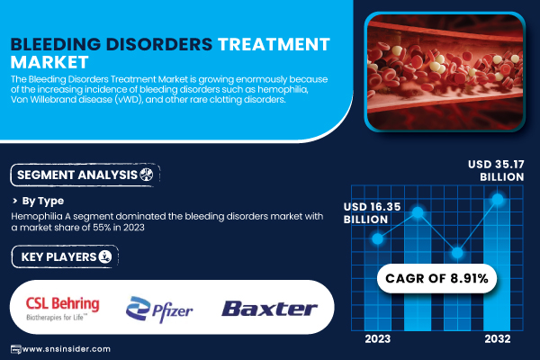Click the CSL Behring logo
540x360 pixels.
(63, 308)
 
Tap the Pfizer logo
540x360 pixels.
(159, 310)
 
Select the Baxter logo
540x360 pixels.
(269, 309)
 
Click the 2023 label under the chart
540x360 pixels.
(378, 339)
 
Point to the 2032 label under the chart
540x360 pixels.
(498, 339)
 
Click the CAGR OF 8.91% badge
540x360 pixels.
(436, 278)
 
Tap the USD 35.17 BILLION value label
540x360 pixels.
(496, 170)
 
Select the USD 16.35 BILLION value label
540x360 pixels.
(373, 213)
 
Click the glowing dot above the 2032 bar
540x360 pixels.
(498, 199)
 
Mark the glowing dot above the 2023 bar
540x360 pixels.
(378, 238)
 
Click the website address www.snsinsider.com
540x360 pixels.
(66, 349)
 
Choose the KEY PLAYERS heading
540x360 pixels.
(58, 257)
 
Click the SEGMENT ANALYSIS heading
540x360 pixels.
(77, 175)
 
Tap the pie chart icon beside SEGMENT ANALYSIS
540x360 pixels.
(147, 175)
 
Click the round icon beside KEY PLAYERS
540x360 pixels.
(105, 256)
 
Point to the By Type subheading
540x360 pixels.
(42, 201)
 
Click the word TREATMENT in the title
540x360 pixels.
(274, 44)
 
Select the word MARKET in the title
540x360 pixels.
(49, 62)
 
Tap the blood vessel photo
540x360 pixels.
(445, 72)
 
